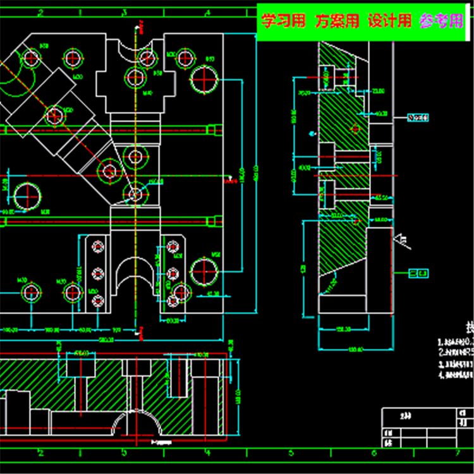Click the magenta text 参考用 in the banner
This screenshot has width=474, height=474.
pos(442,21)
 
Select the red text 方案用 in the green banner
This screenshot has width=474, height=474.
pos(337,21)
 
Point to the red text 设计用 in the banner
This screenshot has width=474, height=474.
pos(389,21)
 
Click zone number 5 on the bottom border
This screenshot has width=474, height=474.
pos(291,453)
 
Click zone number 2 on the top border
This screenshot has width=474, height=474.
pos(40,11)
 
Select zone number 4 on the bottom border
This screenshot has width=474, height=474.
pos(207,453)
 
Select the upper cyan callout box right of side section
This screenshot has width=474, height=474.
pos(418,118)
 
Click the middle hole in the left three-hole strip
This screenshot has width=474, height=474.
pos(97,273)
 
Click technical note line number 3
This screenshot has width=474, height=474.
pos(455,364)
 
